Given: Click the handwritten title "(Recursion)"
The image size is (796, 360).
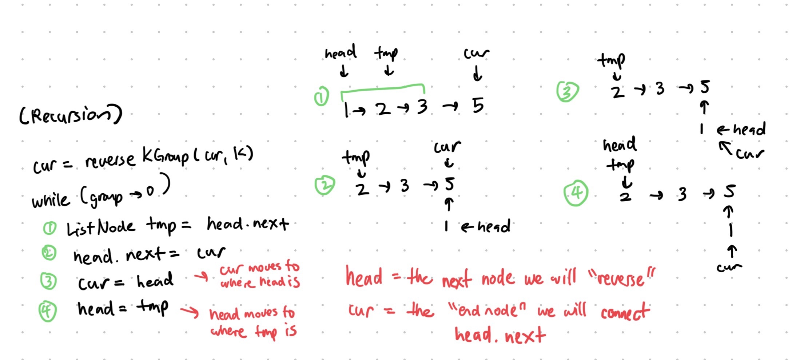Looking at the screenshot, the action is [71, 115].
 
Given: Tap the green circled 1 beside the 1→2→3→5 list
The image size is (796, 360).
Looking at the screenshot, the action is [321, 97].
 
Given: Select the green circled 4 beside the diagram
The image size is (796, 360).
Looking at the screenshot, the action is [576, 193].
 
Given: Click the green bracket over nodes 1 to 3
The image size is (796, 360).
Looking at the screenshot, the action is [382, 88].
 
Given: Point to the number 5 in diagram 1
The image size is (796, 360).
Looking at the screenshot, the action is [478, 106].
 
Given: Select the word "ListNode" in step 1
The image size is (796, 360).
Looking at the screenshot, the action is [101, 228].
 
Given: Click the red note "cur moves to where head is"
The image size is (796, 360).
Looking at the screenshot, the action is [260, 275].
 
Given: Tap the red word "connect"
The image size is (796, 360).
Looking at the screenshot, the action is [625, 312].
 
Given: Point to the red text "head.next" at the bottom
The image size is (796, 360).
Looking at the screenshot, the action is [500, 335].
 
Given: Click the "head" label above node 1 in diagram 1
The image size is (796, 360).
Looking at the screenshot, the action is [340, 53].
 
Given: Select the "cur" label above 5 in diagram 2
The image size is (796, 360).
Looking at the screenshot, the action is [447, 147].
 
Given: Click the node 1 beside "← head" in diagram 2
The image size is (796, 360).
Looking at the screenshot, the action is [446, 226].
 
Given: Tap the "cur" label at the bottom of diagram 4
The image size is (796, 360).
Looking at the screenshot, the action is [729, 268].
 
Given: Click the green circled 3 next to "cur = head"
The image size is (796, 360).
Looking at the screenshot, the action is [48, 281].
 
